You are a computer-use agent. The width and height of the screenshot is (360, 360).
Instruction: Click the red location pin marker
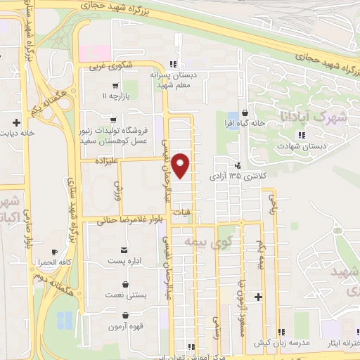coord(181,165)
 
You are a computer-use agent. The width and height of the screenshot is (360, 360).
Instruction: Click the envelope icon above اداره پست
coord(124,250)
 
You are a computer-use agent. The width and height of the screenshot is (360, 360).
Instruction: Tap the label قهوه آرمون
coord(126,327)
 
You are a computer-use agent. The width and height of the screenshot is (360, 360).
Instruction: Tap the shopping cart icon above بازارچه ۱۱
coord(115,85)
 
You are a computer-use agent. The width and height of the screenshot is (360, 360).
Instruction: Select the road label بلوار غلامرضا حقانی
coord(120,219)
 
